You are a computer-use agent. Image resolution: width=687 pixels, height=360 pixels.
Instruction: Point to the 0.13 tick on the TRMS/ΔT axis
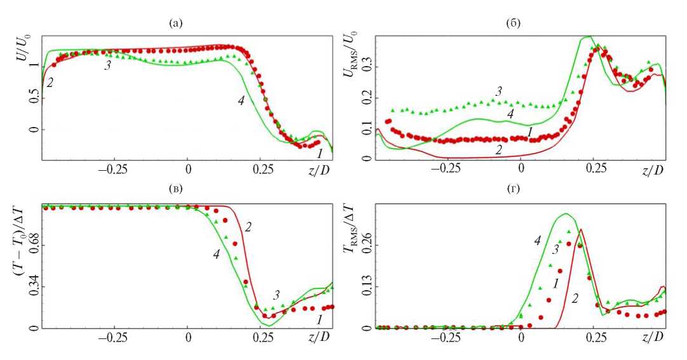click(366, 286)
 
